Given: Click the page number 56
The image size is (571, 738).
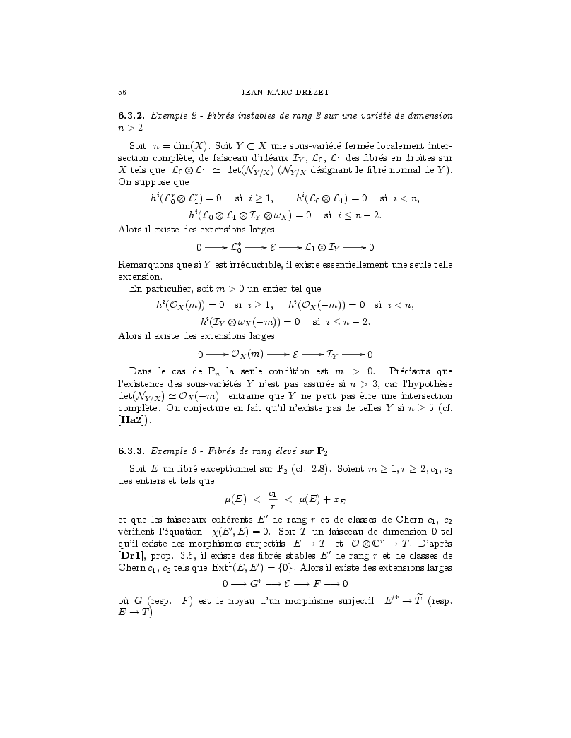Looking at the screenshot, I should (122, 92).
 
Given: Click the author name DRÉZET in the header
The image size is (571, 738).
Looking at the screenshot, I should (304, 92).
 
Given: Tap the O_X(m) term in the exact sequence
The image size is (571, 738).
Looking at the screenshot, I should (247, 353).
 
